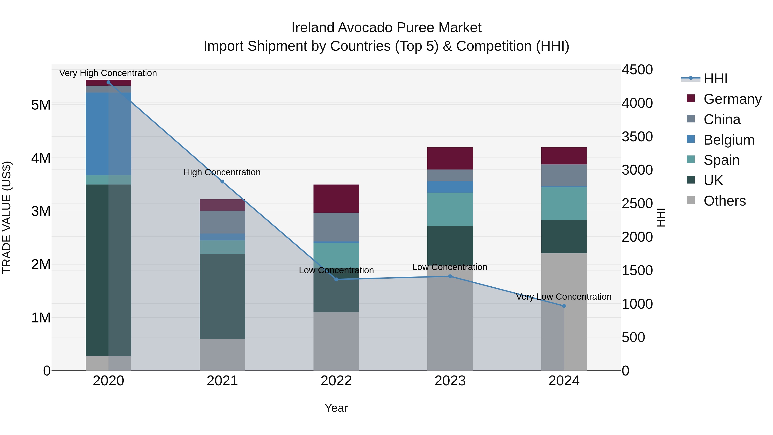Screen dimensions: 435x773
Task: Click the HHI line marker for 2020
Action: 108,82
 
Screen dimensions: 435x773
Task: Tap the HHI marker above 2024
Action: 564,306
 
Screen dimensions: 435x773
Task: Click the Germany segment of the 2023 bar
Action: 450,159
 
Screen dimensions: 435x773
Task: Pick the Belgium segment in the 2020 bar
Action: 108,134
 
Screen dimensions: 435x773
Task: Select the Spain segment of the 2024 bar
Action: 564,204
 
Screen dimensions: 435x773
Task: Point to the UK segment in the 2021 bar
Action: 222,296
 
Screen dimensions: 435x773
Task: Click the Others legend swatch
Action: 691,200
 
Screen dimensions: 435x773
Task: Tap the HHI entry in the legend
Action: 715,79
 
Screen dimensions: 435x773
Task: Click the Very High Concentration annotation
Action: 108,73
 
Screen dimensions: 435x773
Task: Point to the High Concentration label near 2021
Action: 222,172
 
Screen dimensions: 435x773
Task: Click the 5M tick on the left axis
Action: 41,105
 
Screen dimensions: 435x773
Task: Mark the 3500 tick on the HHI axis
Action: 637,137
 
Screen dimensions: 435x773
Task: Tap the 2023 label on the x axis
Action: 450,381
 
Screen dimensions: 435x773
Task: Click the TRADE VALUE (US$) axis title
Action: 7,217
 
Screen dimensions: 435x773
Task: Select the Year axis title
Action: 336,408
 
